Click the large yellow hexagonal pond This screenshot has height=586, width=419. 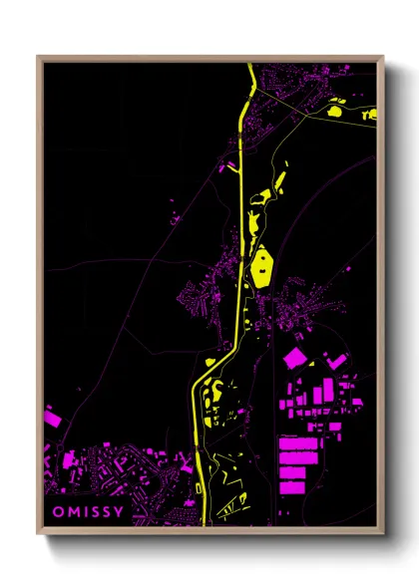click(x=262, y=267)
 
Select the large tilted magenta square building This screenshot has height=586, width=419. click(x=297, y=360)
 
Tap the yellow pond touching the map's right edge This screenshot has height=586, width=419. click(x=371, y=116)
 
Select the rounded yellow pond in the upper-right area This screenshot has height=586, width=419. click(x=337, y=112)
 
